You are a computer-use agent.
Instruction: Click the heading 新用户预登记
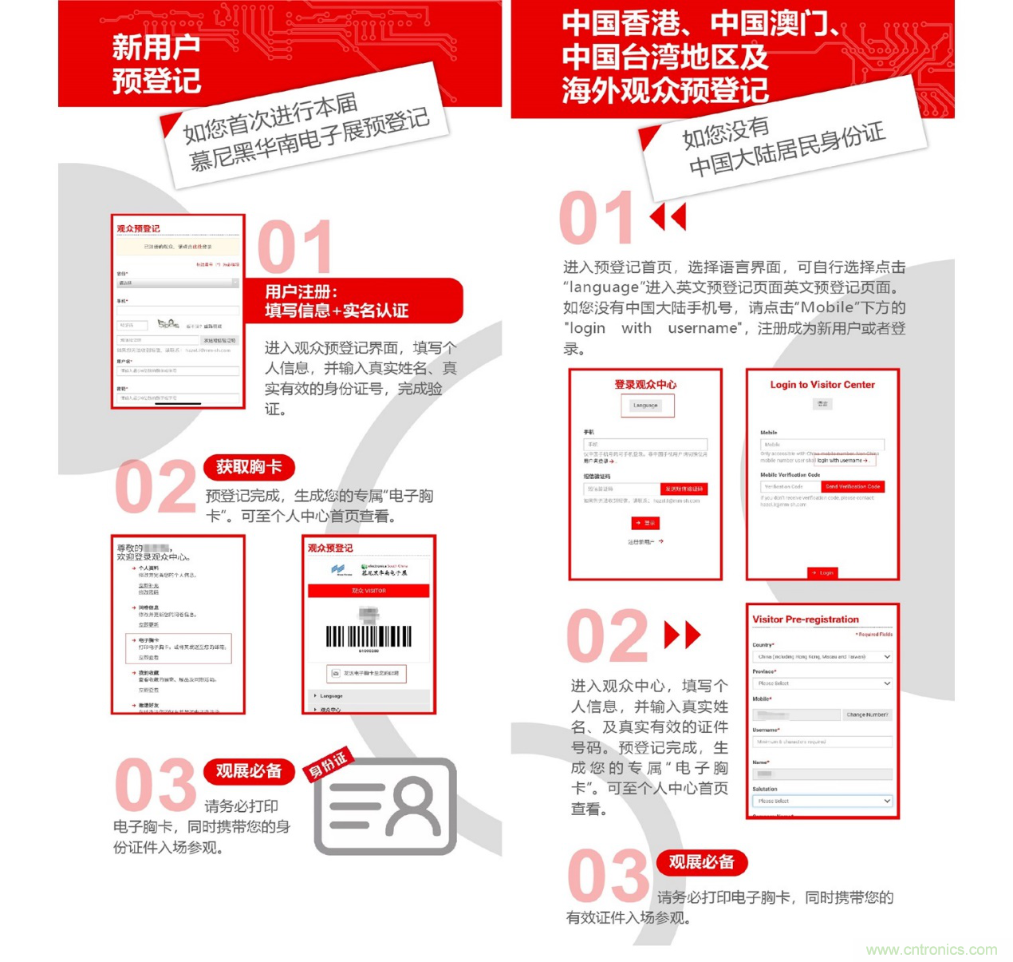click(x=156, y=64)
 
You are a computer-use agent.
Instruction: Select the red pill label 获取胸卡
click(x=249, y=467)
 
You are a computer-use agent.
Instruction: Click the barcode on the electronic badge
click(x=369, y=636)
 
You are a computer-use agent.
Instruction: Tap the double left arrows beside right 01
click(x=668, y=216)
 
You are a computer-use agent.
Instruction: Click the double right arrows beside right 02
click(x=683, y=635)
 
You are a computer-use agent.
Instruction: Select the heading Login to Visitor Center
click(x=822, y=385)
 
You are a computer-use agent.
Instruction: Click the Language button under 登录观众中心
click(x=646, y=406)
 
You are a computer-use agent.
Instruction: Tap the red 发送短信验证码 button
click(x=684, y=489)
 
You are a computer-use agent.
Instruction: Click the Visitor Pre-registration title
click(x=806, y=620)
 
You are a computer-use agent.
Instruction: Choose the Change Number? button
click(x=867, y=715)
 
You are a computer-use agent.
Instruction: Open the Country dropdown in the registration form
click(x=822, y=657)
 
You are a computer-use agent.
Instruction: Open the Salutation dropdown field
click(x=822, y=801)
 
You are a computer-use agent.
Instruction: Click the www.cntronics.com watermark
click(x=931, y=949)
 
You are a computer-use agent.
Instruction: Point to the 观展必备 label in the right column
click(x=701, y=862)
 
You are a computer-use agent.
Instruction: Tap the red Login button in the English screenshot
click(x=822, y=572)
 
